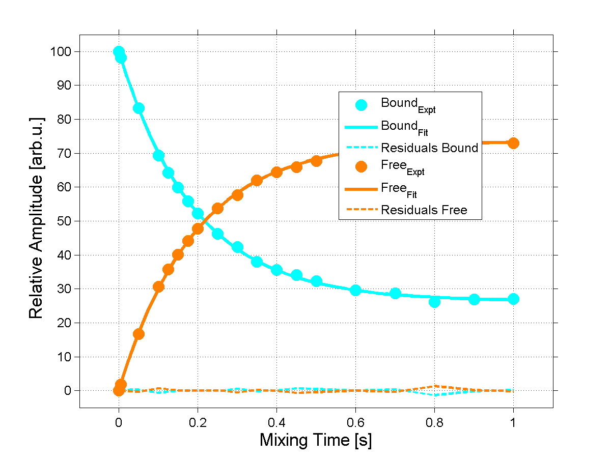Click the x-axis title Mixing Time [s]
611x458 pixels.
[316, 440]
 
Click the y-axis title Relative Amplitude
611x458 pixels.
[36, 218]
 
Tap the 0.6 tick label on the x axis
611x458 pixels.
[355, 422]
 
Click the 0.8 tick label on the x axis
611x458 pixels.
[434, 422]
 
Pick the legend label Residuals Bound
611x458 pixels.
[429, 148]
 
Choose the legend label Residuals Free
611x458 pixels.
[424, 210]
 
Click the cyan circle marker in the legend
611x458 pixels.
[362, 105]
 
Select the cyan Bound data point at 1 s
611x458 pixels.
[513, 299]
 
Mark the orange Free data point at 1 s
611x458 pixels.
[513, 143]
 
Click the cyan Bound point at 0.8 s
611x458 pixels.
[434, 302]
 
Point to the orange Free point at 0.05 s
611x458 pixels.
[138, 334]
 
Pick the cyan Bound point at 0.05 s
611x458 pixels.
[138, 108]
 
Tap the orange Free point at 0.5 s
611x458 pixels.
[316, 161]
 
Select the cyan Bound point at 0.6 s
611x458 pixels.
[355, 290]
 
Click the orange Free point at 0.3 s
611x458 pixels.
[237, 195]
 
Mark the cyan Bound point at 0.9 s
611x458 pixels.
[474, 299]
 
